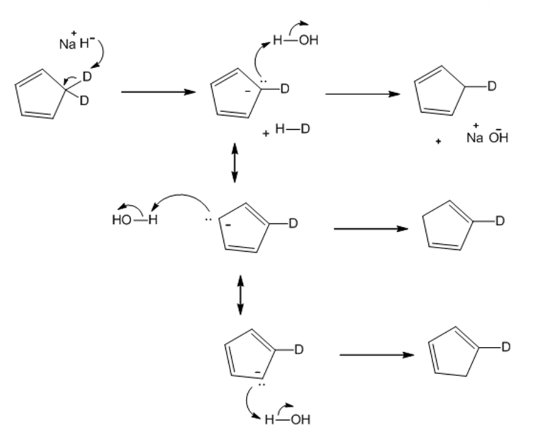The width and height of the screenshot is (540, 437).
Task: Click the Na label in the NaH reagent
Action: pyautogui.click(x=68, y=44)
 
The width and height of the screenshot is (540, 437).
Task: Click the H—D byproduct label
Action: pyautogui.click(x=293, y=129)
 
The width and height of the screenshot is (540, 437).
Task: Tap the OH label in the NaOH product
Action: pyautogui.click(x=498, y=137)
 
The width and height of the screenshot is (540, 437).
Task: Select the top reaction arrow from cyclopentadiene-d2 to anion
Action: pyautogui.click(x=159, y=92)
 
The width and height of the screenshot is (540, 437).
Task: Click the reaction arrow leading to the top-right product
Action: pyautogui.click(x=362, y=94)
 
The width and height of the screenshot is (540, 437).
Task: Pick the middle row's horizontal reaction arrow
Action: pyautogui.click(x=371, y=229)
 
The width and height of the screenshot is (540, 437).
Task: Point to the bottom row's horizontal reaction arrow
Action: pyautogui.click(x=376, y=355)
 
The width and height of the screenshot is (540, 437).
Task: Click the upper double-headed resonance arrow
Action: pyautogui.click(x=234, y=163)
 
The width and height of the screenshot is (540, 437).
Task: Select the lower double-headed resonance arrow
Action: pyautogui.click(x=240, y=295)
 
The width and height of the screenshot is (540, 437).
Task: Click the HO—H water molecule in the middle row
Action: pyautogui.click(x=135, y=220)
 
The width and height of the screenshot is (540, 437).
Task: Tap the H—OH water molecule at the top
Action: pyautogui.click(x=295, y=41)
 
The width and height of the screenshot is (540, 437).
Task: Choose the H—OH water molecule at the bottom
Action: pyautogui.click(x=287, y=419)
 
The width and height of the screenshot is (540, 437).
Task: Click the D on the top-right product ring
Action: pyautogui.click(x=492, y=87)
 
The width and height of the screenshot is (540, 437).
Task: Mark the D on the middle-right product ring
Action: pyautogui.click(x=500, y=221)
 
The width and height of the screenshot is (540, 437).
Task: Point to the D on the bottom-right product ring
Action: pyautogui.click(x=506, y=347)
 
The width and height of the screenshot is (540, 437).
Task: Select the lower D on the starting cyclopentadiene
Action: pyautogui.click(x=84, y=101)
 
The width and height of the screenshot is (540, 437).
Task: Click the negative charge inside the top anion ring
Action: pyautogui.click(x=247, y=91)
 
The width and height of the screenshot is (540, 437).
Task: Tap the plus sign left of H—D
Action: pyautogui.click(x=265, y=134)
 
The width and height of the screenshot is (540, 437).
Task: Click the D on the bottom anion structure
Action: pyautogui.click(x=298, y=350)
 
